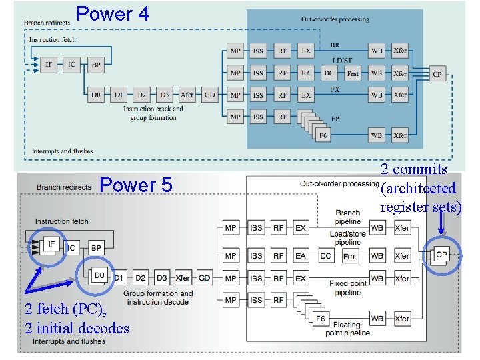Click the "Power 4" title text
(113, 13)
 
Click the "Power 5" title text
(135, 185)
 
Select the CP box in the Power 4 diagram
(437, 74)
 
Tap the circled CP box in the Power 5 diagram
(441, 255)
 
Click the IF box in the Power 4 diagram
(49, 65)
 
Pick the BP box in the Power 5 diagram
(96, 248)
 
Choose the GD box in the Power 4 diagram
(210, 95)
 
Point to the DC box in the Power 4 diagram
(329, 73)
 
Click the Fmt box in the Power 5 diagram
(349, 256)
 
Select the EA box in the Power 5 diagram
(301, 256)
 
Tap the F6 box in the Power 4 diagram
(323, 135)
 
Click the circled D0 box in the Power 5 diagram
(99, 275)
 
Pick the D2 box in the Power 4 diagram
(141, 95)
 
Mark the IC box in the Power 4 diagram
(71, 65)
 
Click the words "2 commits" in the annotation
(413, 169)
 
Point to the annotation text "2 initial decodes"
(77, 328)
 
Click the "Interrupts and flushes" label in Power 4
(62, 151)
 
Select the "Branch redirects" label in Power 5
(64, 187)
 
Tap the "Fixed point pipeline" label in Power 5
(347, 288)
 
